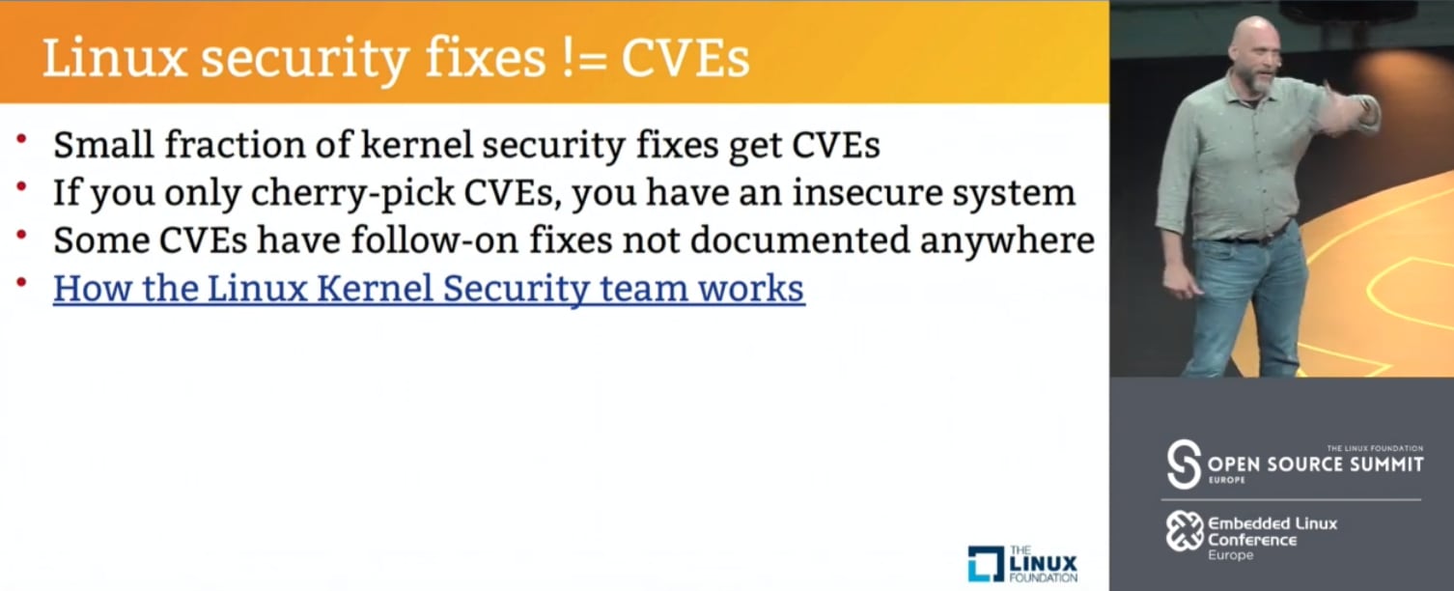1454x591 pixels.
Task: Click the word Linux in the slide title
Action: point(115,59)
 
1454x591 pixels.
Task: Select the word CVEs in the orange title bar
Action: point(685,59)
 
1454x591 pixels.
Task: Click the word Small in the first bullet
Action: point(104,144)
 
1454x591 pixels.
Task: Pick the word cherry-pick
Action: point(352,193)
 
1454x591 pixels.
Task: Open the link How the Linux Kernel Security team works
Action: point(429,289)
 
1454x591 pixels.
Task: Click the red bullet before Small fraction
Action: point(21,138)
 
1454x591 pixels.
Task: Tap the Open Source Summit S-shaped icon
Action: point(1184,464)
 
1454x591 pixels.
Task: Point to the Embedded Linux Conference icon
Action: point(1185,530)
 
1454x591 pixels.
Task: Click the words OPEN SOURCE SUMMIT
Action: point(1315,464)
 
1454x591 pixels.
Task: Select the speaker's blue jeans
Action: point(1247,305)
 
